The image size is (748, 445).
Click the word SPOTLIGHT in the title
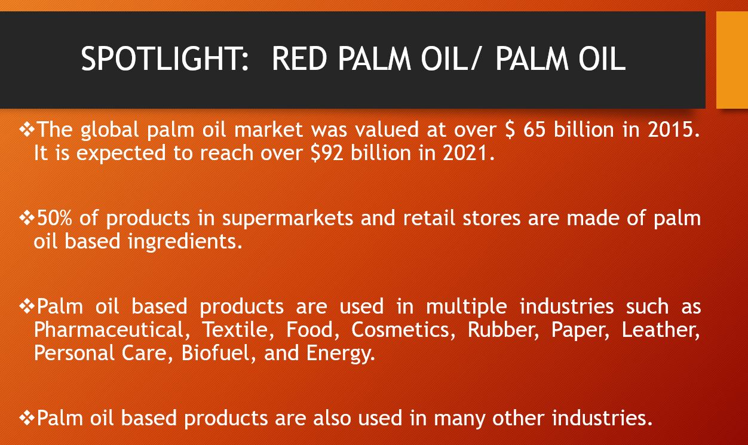[x=165, y=59]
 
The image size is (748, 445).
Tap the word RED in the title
[x=299, y=59]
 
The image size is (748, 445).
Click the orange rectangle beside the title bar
[x=732, y=60]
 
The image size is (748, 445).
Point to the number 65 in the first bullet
[x=534, y=130]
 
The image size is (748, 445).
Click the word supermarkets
[x=287, y=219]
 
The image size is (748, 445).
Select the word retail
[x=429, y=218]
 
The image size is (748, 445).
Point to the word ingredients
[x=185, y=242]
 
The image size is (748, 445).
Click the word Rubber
[x=503, y=330]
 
